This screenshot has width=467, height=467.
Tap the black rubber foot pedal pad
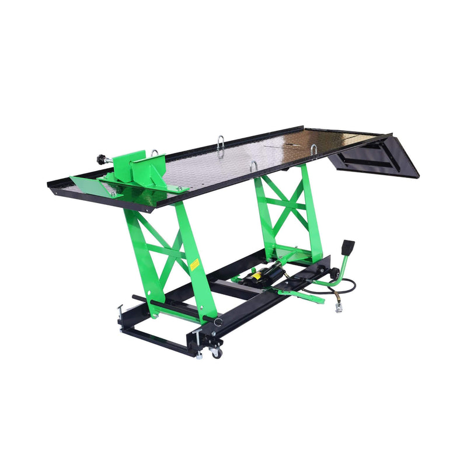tap(348, 246)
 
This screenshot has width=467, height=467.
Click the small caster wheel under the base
tap(217, 353)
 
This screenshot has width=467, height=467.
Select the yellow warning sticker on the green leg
tap(194, 264)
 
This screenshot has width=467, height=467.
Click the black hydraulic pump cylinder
tap(266, 274)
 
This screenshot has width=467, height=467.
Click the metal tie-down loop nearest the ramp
tap(313, 151)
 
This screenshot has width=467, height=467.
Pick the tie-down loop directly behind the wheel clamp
tap(155, 153)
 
